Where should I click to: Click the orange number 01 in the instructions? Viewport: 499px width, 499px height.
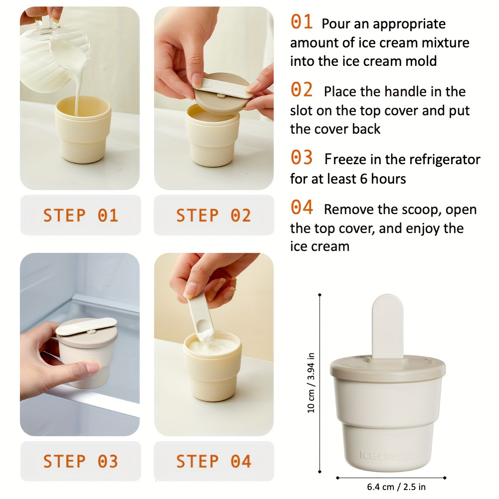coord(301,22)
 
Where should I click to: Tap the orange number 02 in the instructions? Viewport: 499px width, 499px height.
coord(301,90)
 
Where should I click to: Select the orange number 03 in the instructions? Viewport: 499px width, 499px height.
coord(301,158)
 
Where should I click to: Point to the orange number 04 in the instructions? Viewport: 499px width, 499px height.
coord(301,208)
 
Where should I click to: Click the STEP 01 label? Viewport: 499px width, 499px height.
coord(80,216)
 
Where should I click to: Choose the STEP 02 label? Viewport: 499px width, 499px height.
coord(214,216)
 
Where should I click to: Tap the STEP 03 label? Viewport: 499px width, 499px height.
coord(80,462)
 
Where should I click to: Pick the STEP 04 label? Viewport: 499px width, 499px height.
coord(214,462)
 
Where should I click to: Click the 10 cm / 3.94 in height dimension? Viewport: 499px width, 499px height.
coord(311,383)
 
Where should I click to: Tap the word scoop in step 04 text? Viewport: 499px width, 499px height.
coord(421,210)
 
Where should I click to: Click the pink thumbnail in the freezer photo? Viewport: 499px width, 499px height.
coord(93,368)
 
